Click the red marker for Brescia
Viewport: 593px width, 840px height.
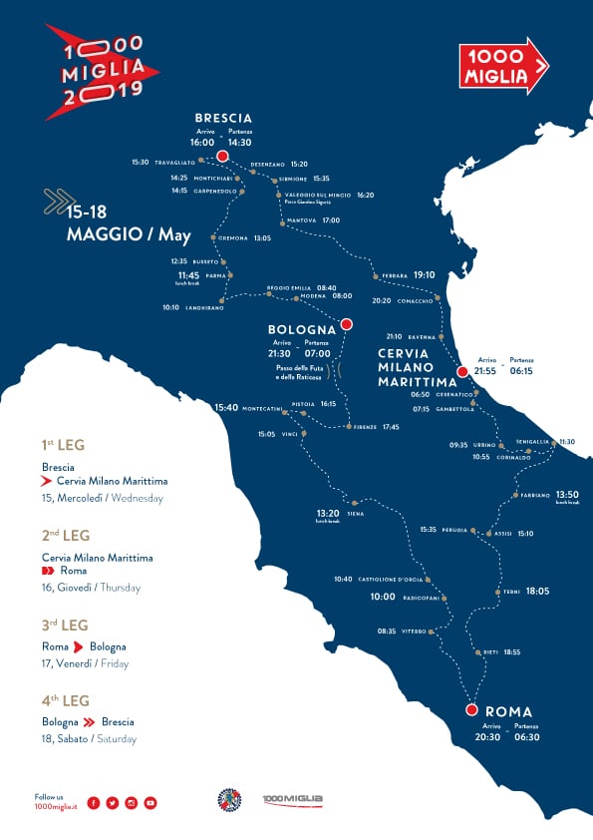pos(222,157)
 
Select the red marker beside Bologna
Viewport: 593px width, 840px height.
pos(346,323)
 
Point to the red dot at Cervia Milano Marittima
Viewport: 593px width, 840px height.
pos(461,371)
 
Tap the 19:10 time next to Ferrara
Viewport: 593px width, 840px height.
pos(425,274)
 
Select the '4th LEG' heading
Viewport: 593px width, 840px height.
pos(66,700)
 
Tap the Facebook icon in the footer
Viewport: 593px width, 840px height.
pos(94,802)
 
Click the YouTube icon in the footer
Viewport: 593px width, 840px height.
pos(150,802)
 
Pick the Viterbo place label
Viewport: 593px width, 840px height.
pos(415,631)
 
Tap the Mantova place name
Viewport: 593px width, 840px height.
pos(301,219)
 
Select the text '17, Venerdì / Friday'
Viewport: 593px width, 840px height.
pos(86,663)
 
